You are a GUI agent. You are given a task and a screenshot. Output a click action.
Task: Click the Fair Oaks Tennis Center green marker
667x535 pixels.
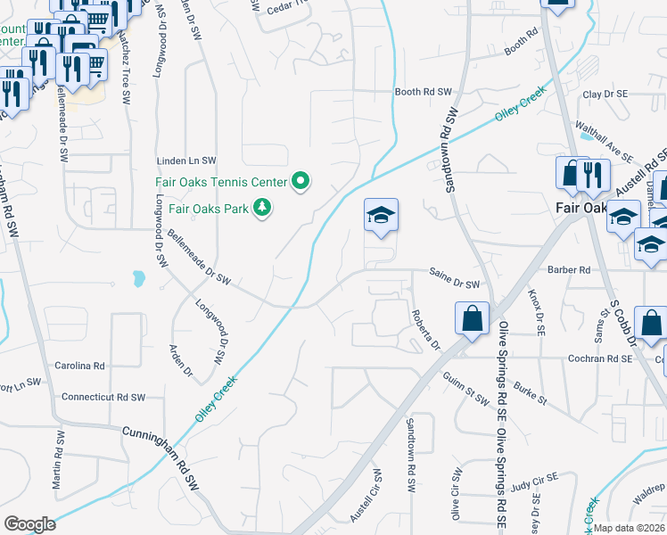[x=301, y=182]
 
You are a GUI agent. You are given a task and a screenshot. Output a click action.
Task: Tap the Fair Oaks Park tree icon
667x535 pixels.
[x=262, y=209]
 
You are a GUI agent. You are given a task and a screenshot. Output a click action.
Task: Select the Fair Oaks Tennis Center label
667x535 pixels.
[x=221, y=182]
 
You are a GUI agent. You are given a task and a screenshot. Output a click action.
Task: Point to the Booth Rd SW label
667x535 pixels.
[x=424, y=92]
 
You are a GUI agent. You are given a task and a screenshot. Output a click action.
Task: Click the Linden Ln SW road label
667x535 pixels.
[x=186, y=160]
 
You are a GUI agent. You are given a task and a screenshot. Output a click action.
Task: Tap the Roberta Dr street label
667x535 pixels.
[x=425, y=330]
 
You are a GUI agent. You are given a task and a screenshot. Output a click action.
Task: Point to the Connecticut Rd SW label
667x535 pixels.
[x=103, y=397]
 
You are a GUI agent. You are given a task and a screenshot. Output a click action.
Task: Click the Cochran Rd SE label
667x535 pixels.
[x=600, y=358]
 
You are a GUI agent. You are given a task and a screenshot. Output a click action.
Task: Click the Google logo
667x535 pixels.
[x=29, y=524]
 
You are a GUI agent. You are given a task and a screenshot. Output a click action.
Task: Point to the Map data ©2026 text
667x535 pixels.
[x=630, y=528]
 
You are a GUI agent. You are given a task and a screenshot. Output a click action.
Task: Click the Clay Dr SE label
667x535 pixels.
[x=605, y=94]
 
